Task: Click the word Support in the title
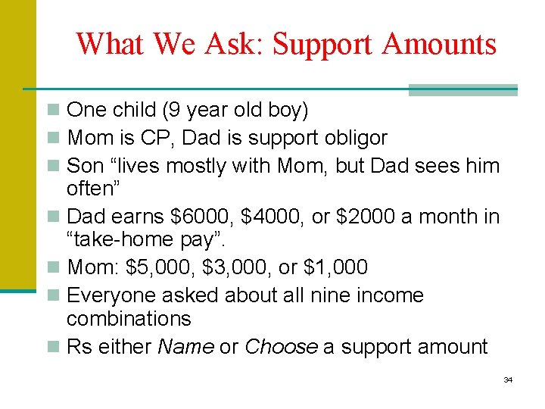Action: click(323, 44)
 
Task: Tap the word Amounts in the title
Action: click(440, 44)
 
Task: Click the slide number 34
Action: click(508, 379)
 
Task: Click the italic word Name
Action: click(185, 347)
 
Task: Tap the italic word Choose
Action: click(281, 347)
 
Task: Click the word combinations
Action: click(129, 319)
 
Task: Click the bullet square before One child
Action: click(52, 111)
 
